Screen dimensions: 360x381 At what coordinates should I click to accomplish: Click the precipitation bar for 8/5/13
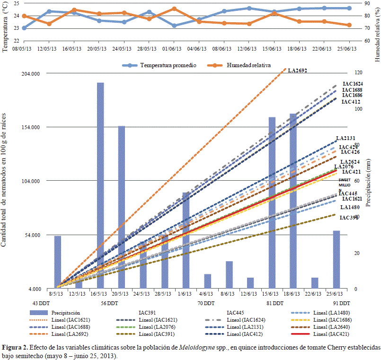click(x=58, y=262)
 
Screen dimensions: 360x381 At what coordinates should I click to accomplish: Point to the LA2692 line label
click(x=298, y=70)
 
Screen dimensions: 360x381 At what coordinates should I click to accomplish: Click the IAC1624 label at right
click(x=353, y=84)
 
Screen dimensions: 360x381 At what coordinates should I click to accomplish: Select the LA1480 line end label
click(x=349, y=207)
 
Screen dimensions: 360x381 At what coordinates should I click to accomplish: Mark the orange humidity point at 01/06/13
click(x=174, y=9)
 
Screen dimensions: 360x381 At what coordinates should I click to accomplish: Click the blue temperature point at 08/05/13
click(x=24, y=28)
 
